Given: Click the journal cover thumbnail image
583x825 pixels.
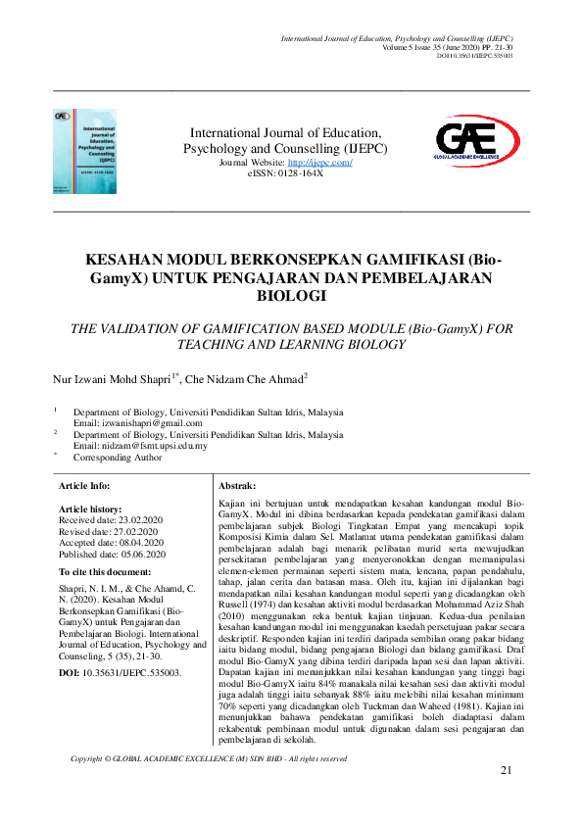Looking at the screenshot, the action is [84, 150].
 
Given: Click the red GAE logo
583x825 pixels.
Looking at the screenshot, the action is [466, 141].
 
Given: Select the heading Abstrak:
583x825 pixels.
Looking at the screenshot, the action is [237, 486].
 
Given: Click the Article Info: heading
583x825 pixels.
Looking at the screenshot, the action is [84, 486].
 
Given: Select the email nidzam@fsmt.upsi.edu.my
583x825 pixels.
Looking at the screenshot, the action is [155, 445].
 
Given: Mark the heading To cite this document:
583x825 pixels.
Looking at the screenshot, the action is [105, 571].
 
